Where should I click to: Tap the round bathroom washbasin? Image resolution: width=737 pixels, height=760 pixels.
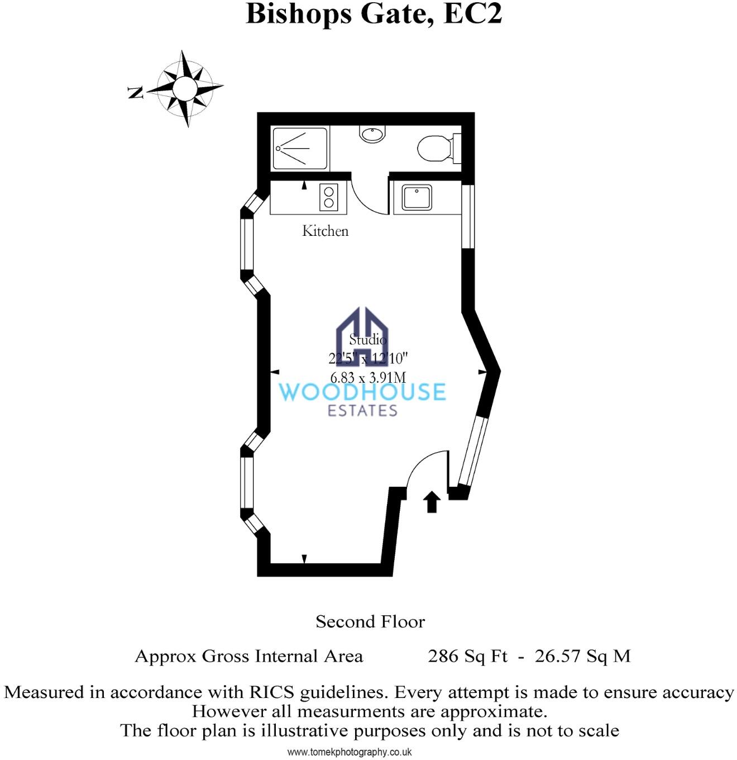pyautogui.click(x=372, y=134)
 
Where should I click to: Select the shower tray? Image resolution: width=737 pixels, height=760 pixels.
pyautogui.click(x=300, y=149)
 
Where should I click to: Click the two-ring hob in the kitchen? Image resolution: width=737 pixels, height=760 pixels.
pyautogui.click(x=329, y=197)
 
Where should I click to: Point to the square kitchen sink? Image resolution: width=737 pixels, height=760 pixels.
pyautogui.click(x=416, y=197)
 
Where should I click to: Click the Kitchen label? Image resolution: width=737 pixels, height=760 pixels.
pyautogui.click(x=325, y=231)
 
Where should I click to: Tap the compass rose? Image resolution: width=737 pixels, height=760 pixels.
pyautogui.click(x=185, y=88)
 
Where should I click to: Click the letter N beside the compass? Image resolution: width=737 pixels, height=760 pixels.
pyautogui.click(x=136, y=93)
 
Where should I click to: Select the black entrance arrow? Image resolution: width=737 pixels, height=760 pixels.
pyautogui.click(x=432, y=501)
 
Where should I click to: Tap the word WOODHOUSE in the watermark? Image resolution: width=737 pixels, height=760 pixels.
pyautogui.click(x=362, y=392)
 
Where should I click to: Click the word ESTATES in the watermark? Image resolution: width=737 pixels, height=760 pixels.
pyautogui.click(x=362, y=411)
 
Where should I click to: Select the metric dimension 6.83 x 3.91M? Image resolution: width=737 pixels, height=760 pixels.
pyautogui.click(x=368, y=378)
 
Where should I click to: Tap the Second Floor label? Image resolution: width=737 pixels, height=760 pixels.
pyautogui.click(x=370, y=621)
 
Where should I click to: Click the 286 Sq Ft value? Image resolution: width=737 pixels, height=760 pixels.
pyautogui.click(x=467, y=655)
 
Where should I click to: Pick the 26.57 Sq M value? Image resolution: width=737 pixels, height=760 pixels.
pyautogui.click(x=582, y=655)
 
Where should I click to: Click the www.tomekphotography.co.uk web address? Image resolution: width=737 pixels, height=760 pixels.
pyautogui.click(x=350, y=752)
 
